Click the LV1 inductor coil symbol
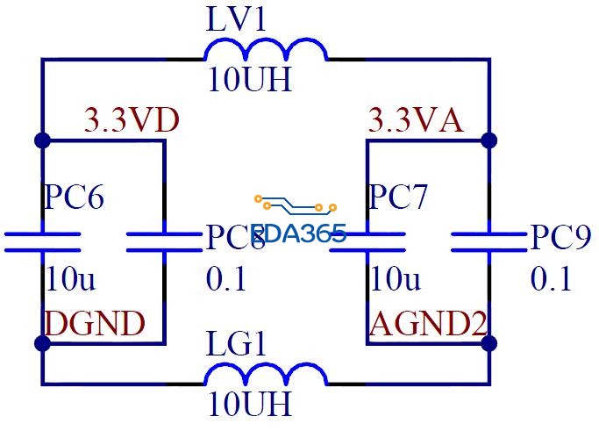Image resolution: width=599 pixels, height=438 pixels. coord(266,52)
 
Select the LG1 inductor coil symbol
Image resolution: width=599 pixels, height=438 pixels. coord(266,376)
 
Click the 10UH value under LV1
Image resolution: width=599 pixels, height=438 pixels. coord(249,80)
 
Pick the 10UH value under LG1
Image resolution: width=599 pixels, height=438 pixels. coord(249,405)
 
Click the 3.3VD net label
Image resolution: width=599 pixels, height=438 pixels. coord(132,120)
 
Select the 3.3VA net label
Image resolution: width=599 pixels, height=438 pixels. coord(415,120)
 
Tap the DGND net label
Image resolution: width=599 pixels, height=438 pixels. coord(94,324)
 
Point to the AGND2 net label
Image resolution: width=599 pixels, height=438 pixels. coord(428,324)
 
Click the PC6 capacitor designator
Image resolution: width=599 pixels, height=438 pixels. coord(74,197)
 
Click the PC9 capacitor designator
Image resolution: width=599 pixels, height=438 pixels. coord(560,238)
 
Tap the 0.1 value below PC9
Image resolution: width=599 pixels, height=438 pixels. coord(551,279)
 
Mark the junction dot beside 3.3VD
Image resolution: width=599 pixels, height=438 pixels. coord(41,140)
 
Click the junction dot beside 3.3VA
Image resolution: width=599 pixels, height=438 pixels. coord(489,140)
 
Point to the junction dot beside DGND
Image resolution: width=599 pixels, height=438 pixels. coord(41,342)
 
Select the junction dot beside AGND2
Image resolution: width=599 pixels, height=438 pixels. coord(489,342)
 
